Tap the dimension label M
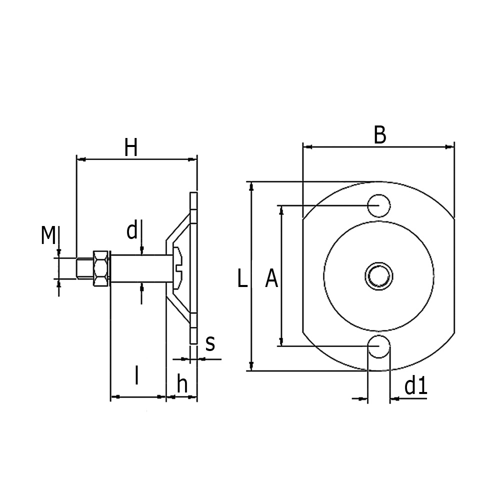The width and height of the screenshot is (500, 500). (48, 235)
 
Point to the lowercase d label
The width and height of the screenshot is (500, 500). (131, 231)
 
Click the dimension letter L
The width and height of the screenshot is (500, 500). (242, 279)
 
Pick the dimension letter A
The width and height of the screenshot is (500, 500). (271, 279)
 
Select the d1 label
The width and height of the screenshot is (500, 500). (415, 386)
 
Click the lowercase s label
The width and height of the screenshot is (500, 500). (210, 343)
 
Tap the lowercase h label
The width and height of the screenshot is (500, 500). (182, 384)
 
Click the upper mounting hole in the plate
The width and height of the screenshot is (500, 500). (378, 205)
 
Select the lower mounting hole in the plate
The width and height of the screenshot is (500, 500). (378, 346)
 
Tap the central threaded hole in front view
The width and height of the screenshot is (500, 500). (378, 275)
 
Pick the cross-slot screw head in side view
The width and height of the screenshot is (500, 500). (178, 267)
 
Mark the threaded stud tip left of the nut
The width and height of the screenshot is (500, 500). (82, 268)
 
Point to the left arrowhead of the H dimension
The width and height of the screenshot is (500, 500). (80, 159)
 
